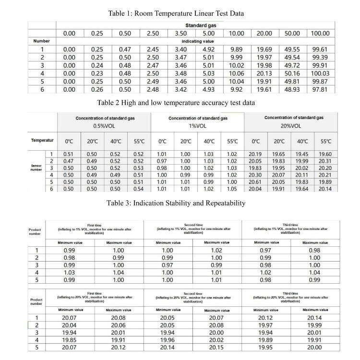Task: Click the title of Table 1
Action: click(176, 13)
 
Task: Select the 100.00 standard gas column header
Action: click(320, 33)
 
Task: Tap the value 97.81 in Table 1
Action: click(320, 89)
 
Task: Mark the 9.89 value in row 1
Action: click(236, 49)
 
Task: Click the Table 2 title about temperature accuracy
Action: click(176, 103)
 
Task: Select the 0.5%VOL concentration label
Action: click(104, 126)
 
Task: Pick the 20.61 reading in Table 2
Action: click(256, 182)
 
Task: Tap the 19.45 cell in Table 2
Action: click(302, 154)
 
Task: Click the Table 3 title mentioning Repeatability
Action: click(176, 203)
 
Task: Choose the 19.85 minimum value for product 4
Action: click(69, 338)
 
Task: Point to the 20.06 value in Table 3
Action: click(118, 324)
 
